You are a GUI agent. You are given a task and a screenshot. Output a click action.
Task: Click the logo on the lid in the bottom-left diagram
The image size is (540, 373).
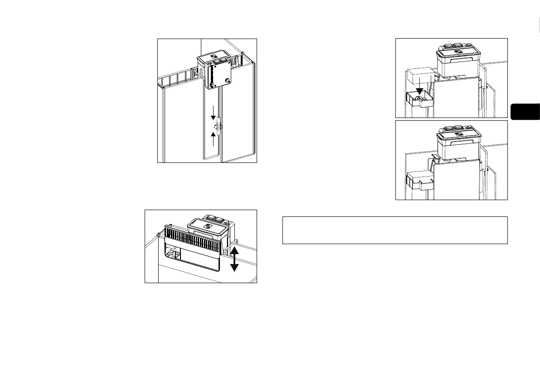209,226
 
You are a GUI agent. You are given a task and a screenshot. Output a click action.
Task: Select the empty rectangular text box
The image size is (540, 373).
394,230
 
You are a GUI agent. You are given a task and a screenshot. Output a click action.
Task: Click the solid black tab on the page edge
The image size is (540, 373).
525,112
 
